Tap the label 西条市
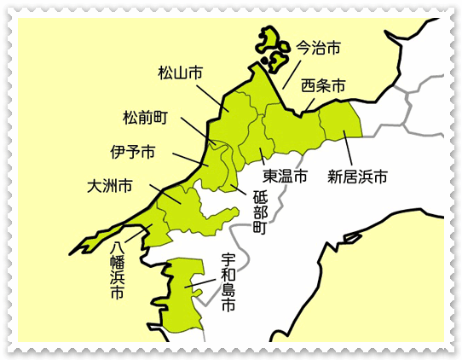324,86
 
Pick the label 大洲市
110,185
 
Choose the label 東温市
285,177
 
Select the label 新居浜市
358,177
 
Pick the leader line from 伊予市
189,160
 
